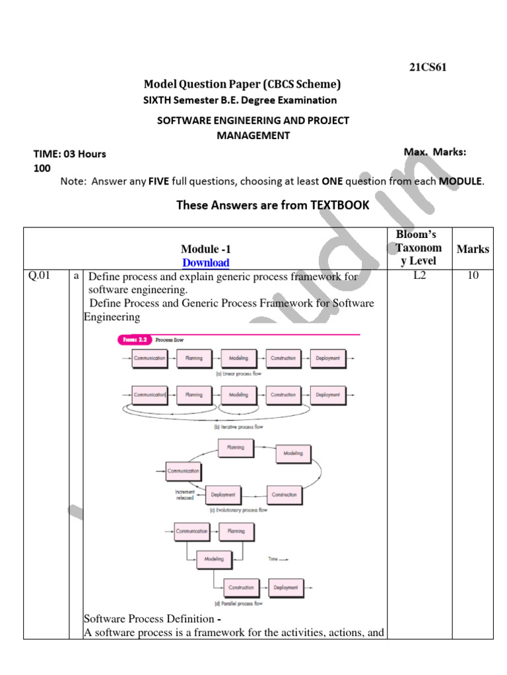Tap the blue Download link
pos(206,262)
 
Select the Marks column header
pos(473,249)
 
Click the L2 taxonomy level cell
pos(419,276)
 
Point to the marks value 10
pos(473,276)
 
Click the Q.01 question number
pos(40,276)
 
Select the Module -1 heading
pos(206,249)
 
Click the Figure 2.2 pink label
pos(135,340)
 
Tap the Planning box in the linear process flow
pos(194,359)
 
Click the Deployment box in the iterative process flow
pos(327,395)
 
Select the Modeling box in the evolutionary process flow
pos(293,454)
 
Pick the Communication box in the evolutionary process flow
pos(183,471)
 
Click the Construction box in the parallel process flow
pos(241,587)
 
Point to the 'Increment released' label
pos(184,495)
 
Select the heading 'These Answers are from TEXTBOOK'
pos(272,205)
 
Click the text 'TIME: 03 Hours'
pos(70,154)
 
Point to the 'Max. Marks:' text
pos(434,152)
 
